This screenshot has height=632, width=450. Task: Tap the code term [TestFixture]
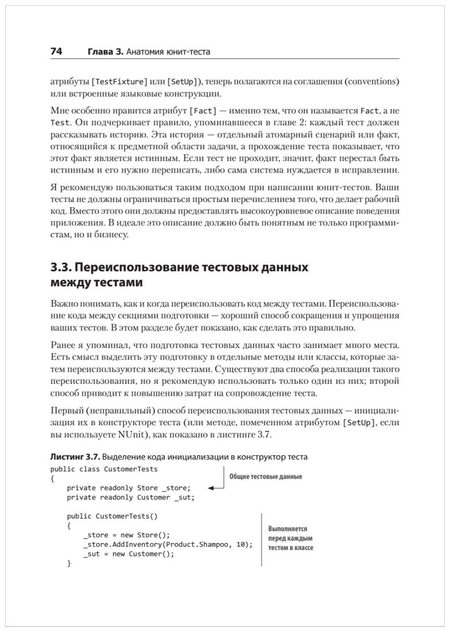(119, 82)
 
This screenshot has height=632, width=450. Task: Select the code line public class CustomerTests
(104, 468)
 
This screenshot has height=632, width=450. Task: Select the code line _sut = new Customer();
(128, 554)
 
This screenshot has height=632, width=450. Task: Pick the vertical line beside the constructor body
(261, 539)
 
